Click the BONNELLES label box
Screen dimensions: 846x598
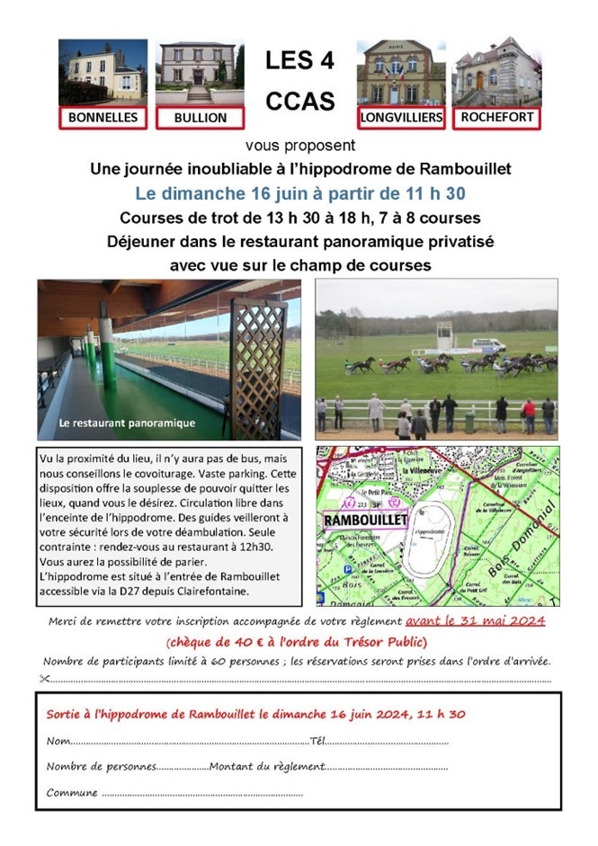tap(103, 118)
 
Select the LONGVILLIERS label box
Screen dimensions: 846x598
tap(399, 117)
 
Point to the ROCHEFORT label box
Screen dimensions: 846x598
tap(496, 117)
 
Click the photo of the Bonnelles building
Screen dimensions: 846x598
tap(103, 72)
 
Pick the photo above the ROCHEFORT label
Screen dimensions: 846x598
tap(496, 72)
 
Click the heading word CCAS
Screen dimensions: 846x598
tap(299, 102)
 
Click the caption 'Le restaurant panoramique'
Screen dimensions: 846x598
tap(127, 422)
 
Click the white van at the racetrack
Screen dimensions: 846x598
tap(488, 344)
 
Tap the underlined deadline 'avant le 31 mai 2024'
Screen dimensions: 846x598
tap(475, 621)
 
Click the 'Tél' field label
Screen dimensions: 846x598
tap(317, 742)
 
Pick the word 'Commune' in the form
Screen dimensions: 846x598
tap(72, 792)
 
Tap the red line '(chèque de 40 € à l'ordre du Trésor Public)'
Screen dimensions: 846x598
tap(297, 641)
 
